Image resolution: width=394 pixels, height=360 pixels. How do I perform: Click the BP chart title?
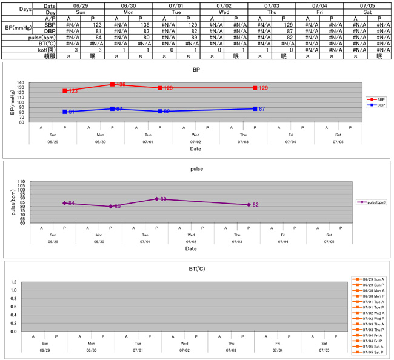(196, 70)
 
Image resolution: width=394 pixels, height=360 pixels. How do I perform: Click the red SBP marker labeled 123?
(65, 91)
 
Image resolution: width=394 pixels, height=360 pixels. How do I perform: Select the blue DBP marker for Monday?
(112, 108)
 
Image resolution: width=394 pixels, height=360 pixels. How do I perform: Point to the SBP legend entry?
(376, 99)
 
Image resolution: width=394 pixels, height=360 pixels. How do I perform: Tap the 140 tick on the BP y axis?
(37, 83)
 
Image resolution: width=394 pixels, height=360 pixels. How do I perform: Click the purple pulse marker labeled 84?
(64, 203)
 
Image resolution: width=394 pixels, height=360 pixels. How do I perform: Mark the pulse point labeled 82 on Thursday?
(249, 205)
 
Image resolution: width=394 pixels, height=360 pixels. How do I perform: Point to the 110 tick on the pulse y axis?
(37, 181)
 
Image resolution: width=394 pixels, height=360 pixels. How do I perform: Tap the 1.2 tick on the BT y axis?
(30, 282)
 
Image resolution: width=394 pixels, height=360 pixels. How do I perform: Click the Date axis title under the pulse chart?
(191, 248)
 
